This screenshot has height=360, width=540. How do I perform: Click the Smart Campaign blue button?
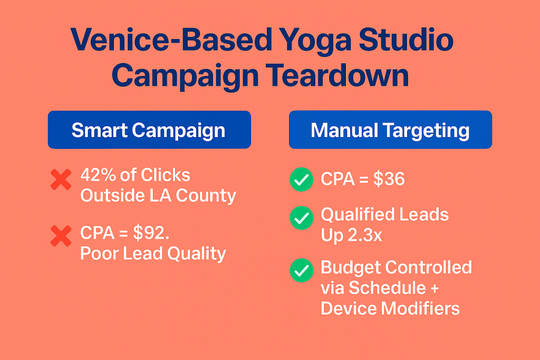(x=149, y=130)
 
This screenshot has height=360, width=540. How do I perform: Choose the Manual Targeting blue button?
(x=390, y=130)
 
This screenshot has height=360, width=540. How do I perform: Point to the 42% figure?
(x=98, y=175)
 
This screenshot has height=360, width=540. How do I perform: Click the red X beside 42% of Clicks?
(x=61, y=179)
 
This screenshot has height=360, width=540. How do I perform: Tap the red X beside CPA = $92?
(x=61, y=236)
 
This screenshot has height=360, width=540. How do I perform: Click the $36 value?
(x=389, y=179)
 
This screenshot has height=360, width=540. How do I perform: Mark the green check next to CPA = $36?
(x=301, y=179)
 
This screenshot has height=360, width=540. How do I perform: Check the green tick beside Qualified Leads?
(x=301, y=218)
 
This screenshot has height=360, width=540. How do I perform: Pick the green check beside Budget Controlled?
(x=301, y=270)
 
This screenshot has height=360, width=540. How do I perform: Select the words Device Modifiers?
(x=390, y=308)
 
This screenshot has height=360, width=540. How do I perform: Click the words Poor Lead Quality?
(x=153, y=254)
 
